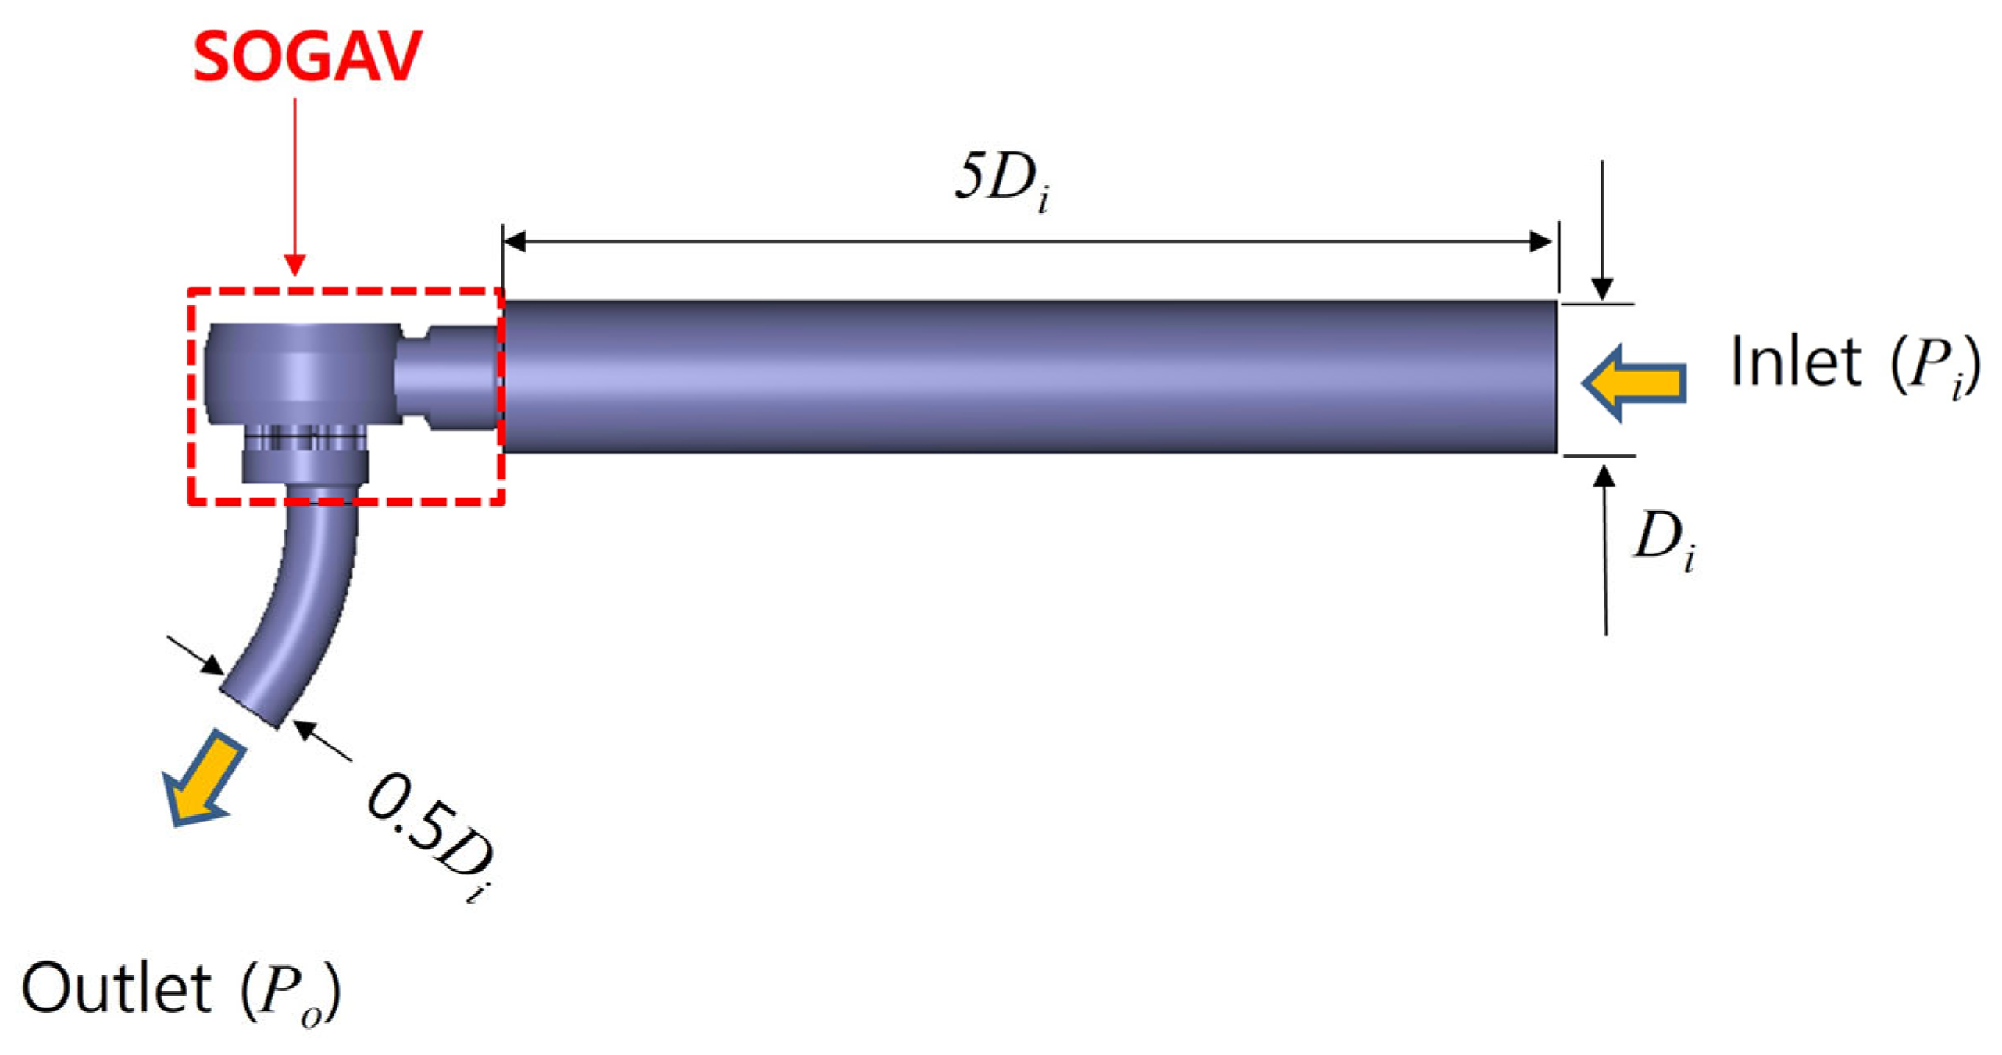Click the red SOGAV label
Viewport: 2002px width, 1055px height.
click(307, 57)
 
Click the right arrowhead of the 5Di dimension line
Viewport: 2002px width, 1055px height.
click(1540, 241)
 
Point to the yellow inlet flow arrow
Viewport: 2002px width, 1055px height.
click(1633, 383)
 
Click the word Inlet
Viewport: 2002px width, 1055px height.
click(1796, 361)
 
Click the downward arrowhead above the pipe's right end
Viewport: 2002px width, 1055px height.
click(1602, 290)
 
